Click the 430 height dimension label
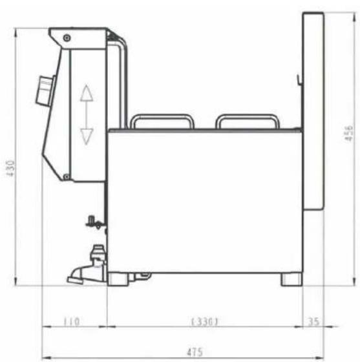point(11,168)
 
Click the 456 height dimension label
point(348,133)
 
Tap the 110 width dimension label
point(72,321)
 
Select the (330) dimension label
point(204,321)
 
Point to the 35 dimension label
point(314,321)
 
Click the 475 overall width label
point(195,352)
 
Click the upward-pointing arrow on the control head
point(87,93)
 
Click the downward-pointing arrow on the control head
point(87,136)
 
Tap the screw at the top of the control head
point(67,37)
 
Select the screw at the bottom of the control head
point(67,177)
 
